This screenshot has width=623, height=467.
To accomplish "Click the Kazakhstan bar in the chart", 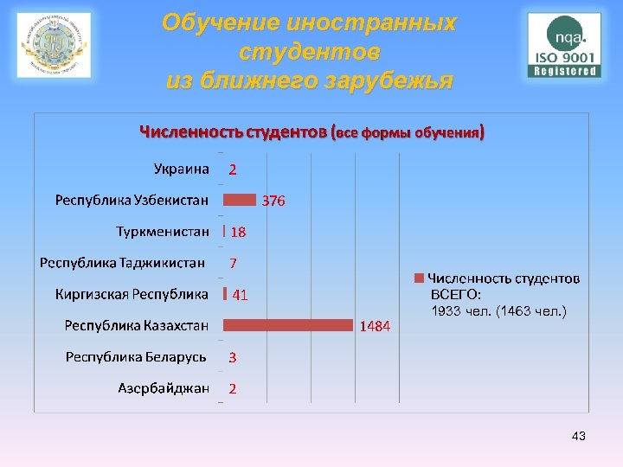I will (289, 325).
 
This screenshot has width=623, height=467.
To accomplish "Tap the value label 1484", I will (376, 326).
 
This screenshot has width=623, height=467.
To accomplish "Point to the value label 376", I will (273, 201).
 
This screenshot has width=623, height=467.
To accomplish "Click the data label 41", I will (240, 295).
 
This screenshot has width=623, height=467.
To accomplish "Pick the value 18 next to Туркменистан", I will (238, 232).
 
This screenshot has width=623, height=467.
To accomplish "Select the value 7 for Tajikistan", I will (233, 263).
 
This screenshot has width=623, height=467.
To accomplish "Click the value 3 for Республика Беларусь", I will (233, 357).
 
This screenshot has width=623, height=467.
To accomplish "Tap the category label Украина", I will (182, 169).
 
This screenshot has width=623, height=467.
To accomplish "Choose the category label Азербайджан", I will (164, 388).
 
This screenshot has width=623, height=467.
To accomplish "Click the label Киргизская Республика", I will (132, 294).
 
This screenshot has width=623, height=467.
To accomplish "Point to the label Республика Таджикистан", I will (122, 263).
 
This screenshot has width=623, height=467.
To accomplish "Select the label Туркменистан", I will (163, 232).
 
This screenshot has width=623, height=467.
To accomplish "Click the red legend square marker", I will (419, 278).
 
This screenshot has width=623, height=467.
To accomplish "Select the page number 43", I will (579, 437).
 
